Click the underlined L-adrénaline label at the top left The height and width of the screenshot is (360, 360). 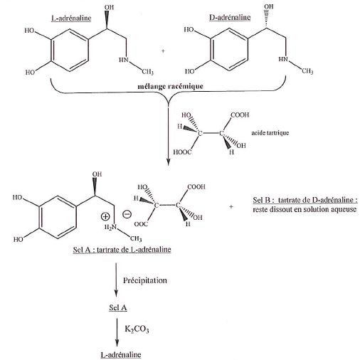click(x=71, y=18)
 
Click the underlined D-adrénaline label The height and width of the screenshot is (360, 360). click(x=230, y=17)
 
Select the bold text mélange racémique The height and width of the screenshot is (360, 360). click(x=171, y=86)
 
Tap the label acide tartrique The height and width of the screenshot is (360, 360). click(x=270, y=132)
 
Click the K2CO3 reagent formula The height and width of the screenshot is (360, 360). click(x=137, y=329)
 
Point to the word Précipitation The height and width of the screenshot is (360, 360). click(x=145, y=280)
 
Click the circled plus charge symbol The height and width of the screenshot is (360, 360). click(x=105, y=216)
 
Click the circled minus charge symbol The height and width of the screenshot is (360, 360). click(x=127, y=214)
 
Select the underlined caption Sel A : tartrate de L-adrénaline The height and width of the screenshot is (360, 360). click(x=122, y=250)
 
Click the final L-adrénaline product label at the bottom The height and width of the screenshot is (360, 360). click(x=121, y=354)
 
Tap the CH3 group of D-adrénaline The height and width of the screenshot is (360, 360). click(x=307, y=71)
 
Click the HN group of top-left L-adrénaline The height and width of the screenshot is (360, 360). click(x=124, y=60)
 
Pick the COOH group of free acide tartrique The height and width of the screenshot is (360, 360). click(x=240, y=115)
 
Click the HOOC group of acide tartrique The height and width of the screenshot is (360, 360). click(x=182, y=152)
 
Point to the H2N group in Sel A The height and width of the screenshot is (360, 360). click(x=111, y=227)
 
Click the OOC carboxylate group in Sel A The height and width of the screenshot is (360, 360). click(x=141, y=224)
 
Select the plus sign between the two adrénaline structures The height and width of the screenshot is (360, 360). click(x=163, y=51)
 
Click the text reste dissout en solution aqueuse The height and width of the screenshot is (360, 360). click(x=305, y=209)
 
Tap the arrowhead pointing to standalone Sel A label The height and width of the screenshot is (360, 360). click(x=116, y=294)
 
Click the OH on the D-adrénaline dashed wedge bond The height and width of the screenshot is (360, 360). click(x=269, y=6)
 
